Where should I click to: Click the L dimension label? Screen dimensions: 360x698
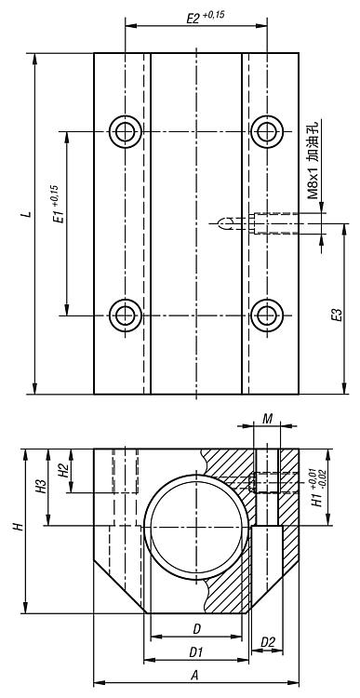click(x=29, y=214)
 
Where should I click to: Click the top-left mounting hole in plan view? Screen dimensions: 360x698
click(x=126, y=132)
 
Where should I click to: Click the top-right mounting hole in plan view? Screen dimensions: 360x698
click(x=267, y=132)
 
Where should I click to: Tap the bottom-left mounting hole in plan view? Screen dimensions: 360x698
click(x=126, y=315)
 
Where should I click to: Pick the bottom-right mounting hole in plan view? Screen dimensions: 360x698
click(x=267, y=315)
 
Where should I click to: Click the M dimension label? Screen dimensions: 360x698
click(x=267, y=419)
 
